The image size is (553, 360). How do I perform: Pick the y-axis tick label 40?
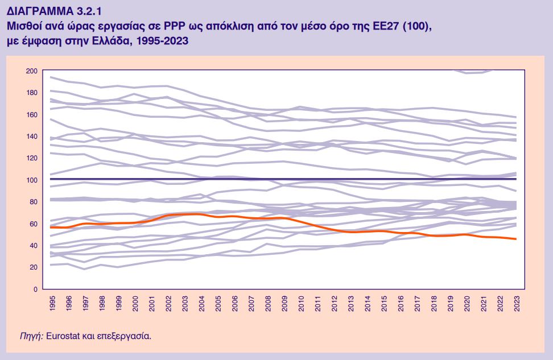click(x=32, y=245)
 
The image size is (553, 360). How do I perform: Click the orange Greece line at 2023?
click(x=515, y=239)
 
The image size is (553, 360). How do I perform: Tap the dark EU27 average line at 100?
click(x=284, y=179)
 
